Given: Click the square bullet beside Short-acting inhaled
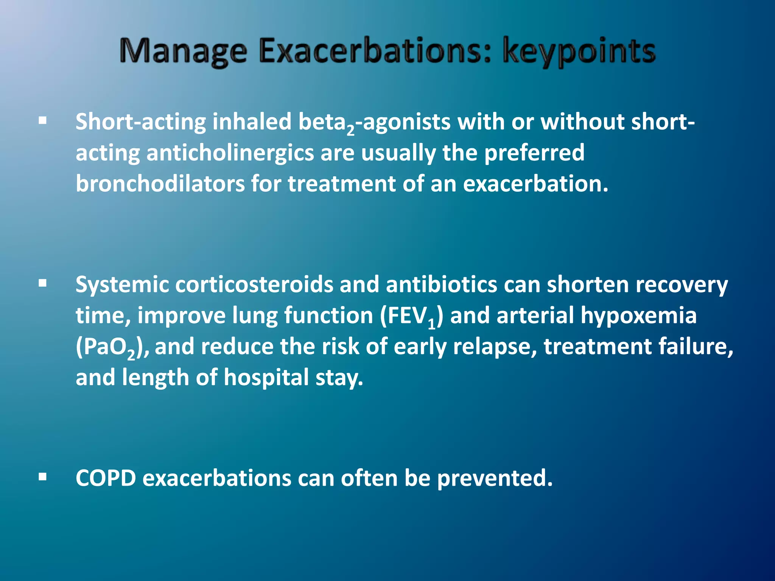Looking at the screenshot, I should click(x=43, y=121).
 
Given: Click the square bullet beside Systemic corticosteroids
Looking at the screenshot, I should click(x=43, y=283).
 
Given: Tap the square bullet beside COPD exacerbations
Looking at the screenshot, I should click(x=43, y=477).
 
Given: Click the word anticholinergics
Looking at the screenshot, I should click(x=230, y=153).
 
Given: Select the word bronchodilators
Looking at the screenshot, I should click(x=160, y=184).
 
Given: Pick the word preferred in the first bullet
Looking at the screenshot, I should click(x=534, y=153).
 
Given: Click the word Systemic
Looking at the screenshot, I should click(x=122, y=285).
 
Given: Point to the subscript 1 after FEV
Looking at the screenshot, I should click(x=432, y=324).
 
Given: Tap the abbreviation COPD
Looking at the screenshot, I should click(x=106, y=478).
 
